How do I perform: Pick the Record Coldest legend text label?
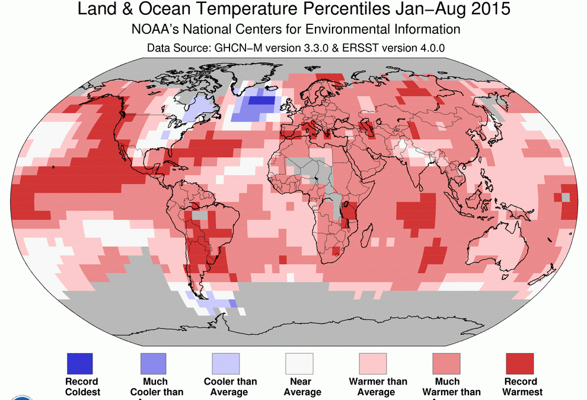pos(82,386)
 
